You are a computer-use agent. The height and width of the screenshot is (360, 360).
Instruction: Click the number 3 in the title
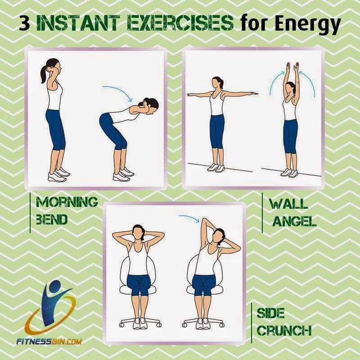(x=24, y=23)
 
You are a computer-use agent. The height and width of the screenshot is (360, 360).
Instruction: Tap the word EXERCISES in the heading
(x=180, y=23)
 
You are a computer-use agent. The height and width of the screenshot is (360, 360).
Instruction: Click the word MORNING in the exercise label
(x=67, y=202)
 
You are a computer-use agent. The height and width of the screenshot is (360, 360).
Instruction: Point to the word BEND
(x=52, y=219)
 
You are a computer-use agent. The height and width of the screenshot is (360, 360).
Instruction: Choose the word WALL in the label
(x=288, y=204)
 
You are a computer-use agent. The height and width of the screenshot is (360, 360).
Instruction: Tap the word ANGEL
(x=295, y=221)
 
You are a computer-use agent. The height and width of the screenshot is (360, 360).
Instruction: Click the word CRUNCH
(x=284, y=330)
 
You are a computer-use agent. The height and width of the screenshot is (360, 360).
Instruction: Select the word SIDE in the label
(x=271, y=313)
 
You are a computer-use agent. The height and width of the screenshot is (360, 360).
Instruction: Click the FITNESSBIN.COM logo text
(x=49, y=342)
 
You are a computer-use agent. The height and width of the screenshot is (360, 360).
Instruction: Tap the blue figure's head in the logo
(x=54, y=286)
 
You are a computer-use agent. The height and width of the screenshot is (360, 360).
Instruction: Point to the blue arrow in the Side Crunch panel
(x=189, y=219)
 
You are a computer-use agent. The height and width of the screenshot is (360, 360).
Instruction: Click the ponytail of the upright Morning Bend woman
(x=44, y=74)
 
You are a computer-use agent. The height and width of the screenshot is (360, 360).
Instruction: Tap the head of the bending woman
(x=150, y=106)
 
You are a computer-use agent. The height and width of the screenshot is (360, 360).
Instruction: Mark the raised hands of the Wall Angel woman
(x=292, y=66)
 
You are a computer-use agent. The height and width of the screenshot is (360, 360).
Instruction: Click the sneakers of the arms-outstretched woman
(x=216, y=167)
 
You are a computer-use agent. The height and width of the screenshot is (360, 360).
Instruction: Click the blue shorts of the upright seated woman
(x=139, y=285)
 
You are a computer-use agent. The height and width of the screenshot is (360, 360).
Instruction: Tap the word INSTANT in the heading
(x=78, y=23)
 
